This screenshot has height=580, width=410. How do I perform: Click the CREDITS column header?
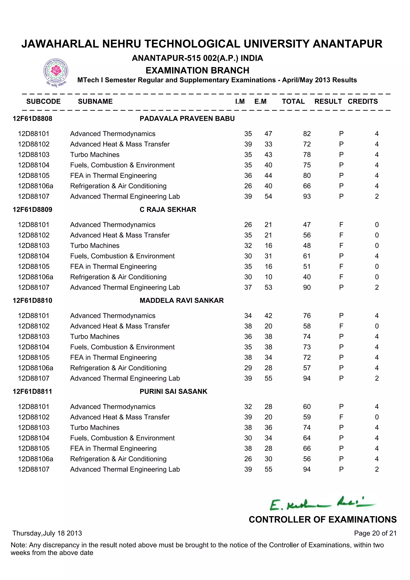tap(363, 101)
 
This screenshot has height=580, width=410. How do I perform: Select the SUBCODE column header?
tap(43, 101)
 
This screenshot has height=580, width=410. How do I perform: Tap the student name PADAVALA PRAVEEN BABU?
tap(187, 119)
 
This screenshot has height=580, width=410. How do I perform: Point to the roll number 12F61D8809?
tap(33, 209)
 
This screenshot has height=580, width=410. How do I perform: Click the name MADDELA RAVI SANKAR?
tap(182, 300)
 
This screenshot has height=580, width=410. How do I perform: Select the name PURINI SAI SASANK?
tap(173, 391)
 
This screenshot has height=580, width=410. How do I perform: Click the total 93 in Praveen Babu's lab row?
tap(307, 196)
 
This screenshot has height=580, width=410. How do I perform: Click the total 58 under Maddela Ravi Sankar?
tap(307, 326)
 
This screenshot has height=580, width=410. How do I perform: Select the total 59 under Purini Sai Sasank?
tap(307, 417)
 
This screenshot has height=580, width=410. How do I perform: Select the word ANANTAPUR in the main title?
tap(347, 44)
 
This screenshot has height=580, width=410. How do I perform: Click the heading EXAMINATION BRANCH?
tap(197, 70)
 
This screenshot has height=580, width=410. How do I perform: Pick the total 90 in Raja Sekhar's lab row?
tap(307, 287)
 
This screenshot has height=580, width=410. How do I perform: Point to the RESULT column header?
tap(328, 101)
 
